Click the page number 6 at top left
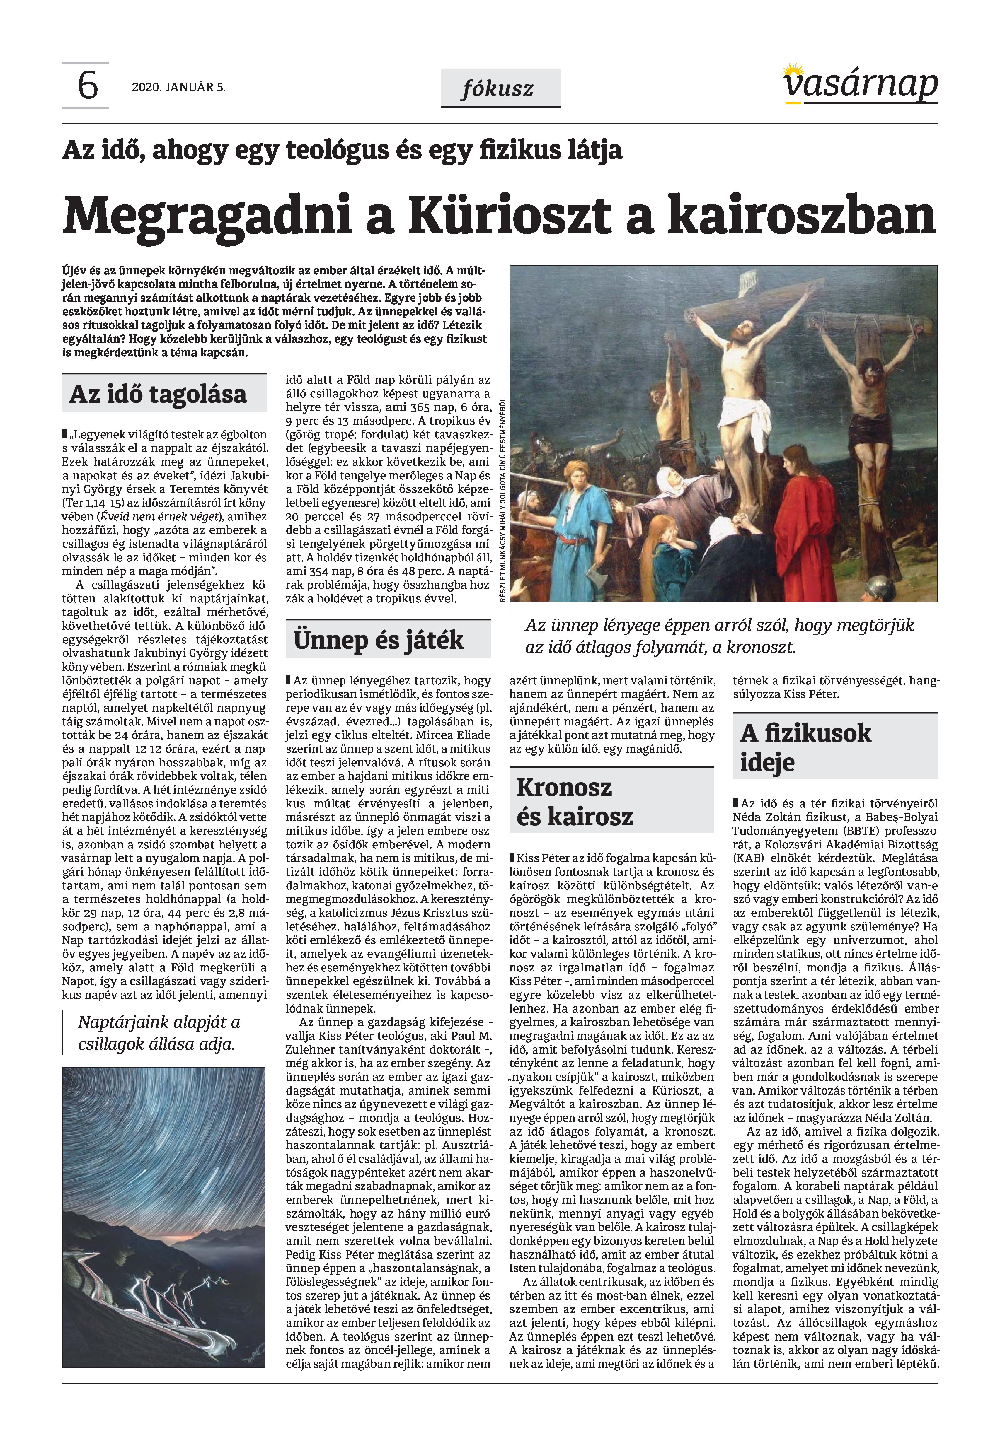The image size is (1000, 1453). click(x=88, y=86)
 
